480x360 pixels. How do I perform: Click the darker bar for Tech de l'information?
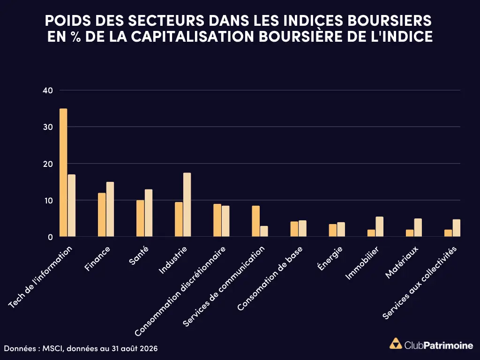(x=63, y=172)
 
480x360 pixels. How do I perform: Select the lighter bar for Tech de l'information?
(x=72, y=205)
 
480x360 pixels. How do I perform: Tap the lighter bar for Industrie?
(x=187, y=204)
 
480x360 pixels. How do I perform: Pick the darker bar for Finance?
(x=102, y=215)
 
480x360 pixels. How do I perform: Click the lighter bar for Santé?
(x=149, y=213)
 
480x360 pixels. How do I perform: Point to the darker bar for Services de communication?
(x=256, y=221)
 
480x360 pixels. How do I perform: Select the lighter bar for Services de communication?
(x=264, y=231)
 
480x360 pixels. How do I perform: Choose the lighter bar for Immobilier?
(x=380, y=226)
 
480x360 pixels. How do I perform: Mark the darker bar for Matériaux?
(x=410, y=233)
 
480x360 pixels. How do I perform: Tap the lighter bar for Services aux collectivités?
(x=457, y=228)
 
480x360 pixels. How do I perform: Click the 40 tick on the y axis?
(x=48, y=90)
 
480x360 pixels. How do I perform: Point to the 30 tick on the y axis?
(x=48, y=127)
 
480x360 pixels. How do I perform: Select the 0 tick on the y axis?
(x=50, y=237)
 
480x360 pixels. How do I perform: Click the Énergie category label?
(x=330, y=259)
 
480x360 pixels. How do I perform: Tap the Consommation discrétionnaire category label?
(x=180, y=291)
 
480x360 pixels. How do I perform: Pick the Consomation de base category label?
(x=270, y=278)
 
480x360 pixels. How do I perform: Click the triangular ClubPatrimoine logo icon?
(x=396, y=344)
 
